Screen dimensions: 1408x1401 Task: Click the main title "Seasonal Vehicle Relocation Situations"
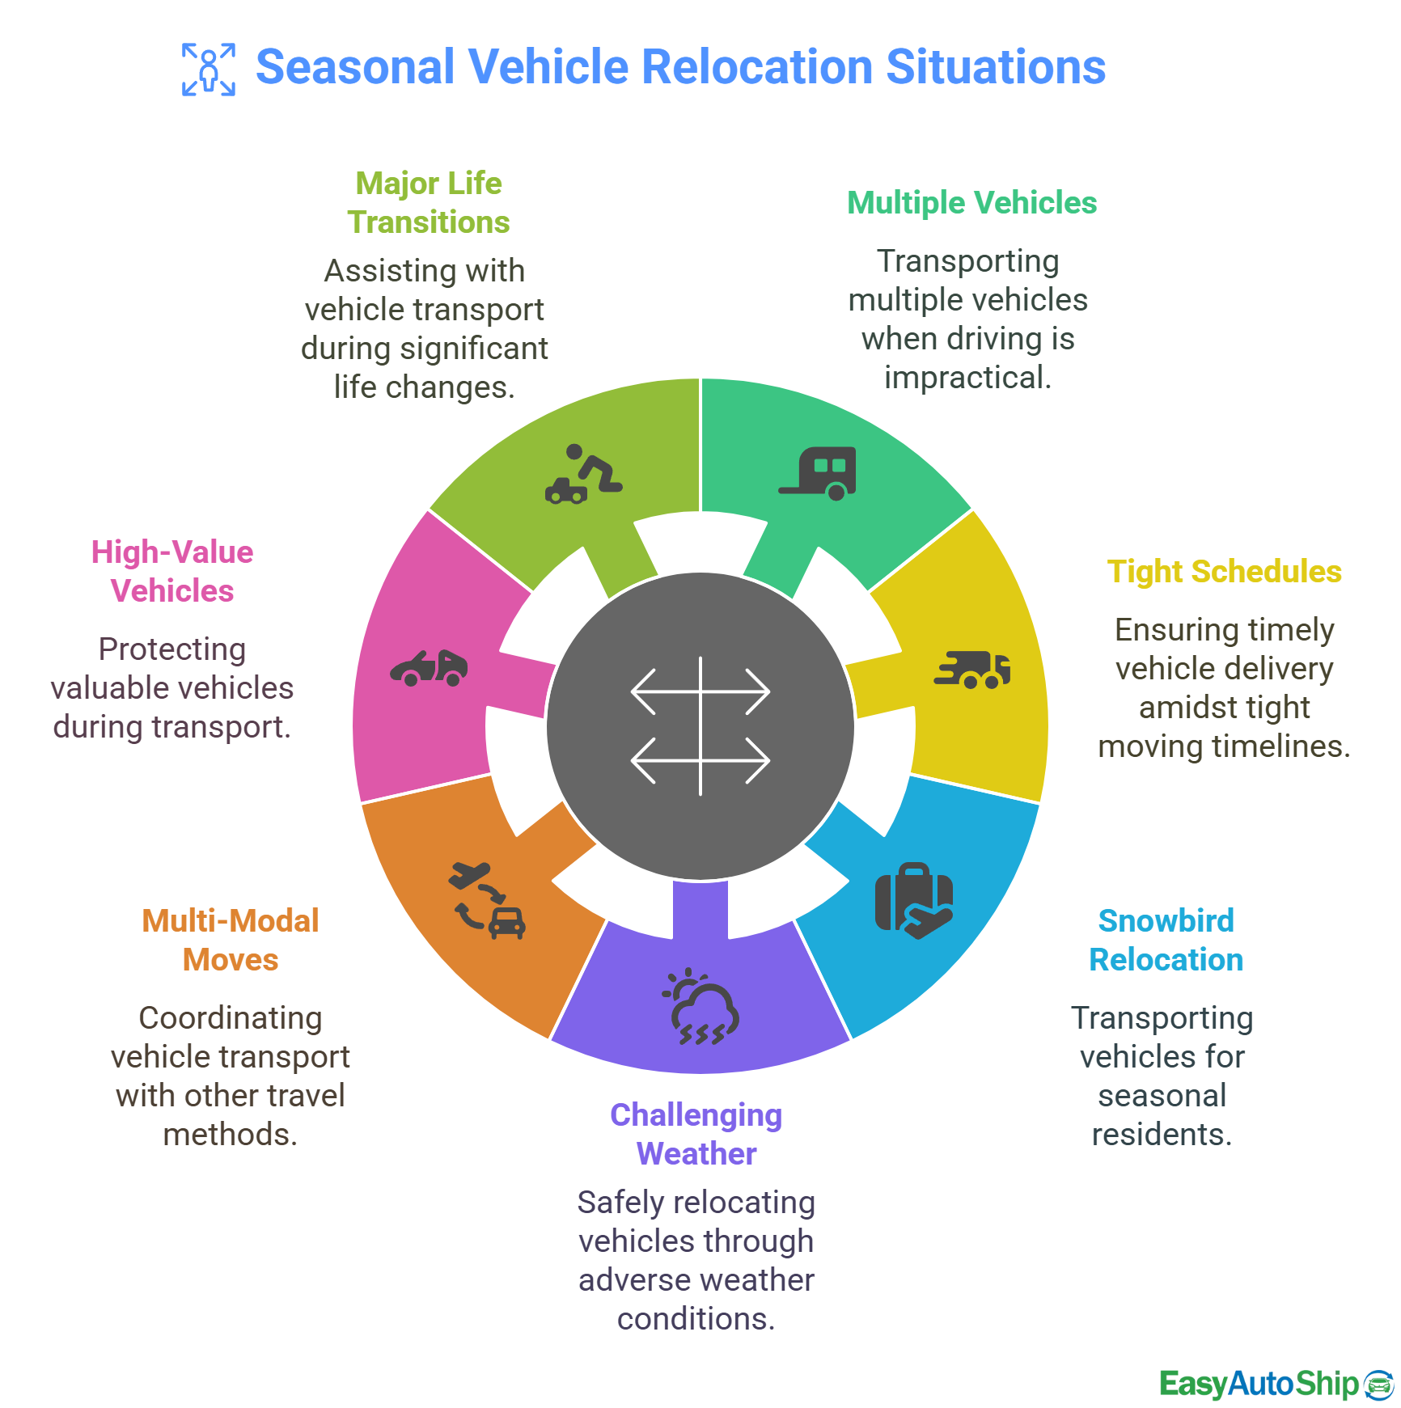(x=680, y=67)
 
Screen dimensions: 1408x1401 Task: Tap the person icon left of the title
(x=209, y=70)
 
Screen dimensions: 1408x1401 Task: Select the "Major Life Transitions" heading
(x=429, y=202)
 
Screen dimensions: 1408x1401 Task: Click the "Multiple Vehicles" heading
(x=971, y=203)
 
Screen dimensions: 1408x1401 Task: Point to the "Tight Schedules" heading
(x=1224, y=572)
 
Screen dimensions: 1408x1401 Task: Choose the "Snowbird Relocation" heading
(x=1166, y=940)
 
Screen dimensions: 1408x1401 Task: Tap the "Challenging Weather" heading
(x=696, y=1134)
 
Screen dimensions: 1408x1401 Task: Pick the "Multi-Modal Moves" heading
(x=231, y=940)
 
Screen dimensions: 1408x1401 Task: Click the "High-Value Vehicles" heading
(x=172, y=571)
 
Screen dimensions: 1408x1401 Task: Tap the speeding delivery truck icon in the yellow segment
(x=972, y=670)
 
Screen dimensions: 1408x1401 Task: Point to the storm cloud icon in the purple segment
(x=700, y=1007)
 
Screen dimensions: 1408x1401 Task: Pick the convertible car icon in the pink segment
(x=429, y=668)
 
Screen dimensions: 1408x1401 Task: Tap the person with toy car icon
(x=583, y=474)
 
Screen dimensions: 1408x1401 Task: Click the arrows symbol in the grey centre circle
(x=700, y=725)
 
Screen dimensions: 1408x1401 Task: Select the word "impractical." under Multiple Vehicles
(x=967, y=378)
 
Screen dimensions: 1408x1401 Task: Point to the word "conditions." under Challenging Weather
(x=696, y=1319)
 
